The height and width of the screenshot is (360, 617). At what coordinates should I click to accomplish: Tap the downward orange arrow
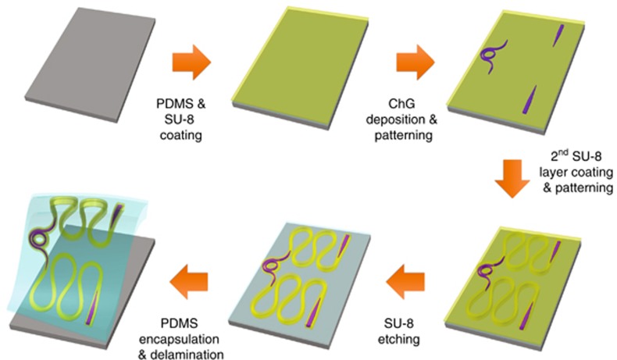click(515, 185)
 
